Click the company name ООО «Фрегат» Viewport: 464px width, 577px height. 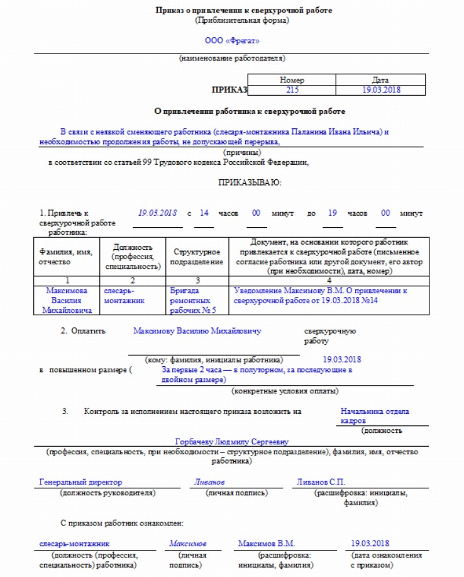231,41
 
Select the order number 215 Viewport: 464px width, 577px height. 292,91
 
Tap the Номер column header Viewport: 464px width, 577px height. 292,81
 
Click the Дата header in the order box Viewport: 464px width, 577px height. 380,81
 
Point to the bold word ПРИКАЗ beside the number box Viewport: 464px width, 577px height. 230,91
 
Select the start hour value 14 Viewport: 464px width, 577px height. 204,213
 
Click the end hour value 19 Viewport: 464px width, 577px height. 333,213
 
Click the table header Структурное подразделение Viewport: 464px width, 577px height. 197,257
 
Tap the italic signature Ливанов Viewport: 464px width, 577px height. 209,482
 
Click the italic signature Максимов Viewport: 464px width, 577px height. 187,543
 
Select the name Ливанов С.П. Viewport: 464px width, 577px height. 321,482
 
